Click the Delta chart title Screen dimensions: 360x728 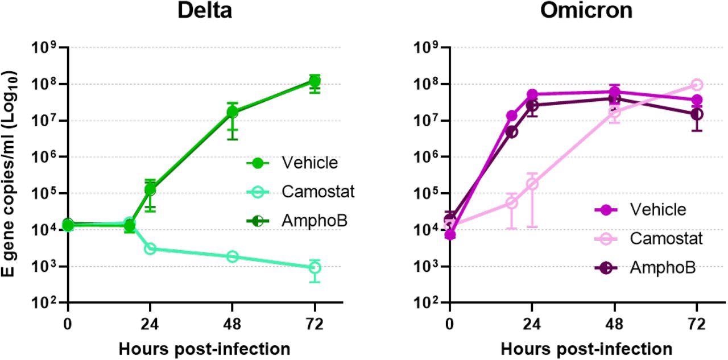coord(205,11)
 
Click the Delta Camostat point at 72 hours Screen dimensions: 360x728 coord(315,267)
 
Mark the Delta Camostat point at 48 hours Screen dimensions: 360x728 coord(232,256)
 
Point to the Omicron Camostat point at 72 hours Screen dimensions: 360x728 coord(697,85)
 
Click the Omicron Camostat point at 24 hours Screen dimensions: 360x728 coord(532,184)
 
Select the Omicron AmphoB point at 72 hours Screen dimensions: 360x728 coord(697,114)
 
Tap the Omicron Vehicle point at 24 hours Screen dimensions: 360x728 coord(532,94)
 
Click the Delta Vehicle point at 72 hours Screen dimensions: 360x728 coord(315,81)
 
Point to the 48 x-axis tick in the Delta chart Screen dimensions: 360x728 coord(232,325)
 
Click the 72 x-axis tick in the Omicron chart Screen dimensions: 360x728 coord(697,325)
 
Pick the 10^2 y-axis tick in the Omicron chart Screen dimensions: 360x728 coord(428,303)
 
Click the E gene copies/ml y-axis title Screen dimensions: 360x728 coord(10,173)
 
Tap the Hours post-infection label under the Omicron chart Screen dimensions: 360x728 coord(586,348)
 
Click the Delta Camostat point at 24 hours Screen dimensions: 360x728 coord(150,249)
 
